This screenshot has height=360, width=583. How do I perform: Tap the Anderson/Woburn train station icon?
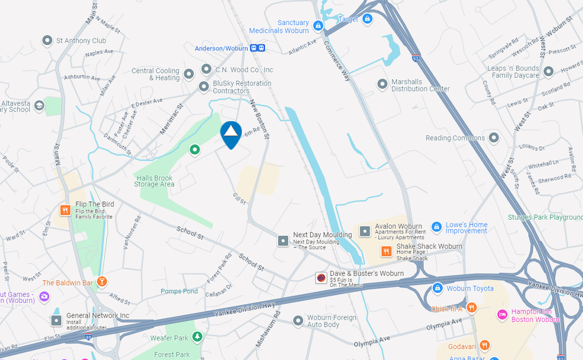[x=257, y=48]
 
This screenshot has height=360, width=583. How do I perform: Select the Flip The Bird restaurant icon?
[x=65, y=210]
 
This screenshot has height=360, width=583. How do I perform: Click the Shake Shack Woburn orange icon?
[x=386, y=251]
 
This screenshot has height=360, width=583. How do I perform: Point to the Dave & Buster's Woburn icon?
[x=321, y=277]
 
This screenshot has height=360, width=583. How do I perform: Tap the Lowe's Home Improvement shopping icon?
[x=436, y=227]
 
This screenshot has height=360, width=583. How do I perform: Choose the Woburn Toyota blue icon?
[x=437, y=288]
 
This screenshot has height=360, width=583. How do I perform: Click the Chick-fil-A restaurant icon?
[x=471, y=307]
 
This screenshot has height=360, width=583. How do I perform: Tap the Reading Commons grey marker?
[x=493, y=138]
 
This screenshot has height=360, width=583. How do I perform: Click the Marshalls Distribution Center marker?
[x=383, y=84]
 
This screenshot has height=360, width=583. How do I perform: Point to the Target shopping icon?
[x=367, y=19]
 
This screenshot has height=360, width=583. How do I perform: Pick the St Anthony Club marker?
[x=48, y=40]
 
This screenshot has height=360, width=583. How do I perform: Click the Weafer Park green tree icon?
[x=197, y=337]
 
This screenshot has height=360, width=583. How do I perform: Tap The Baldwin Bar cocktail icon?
[x=102, y=282]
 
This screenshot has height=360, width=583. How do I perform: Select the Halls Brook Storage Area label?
[x=155, y=181]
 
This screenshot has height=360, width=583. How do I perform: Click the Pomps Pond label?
[x=179, y=291]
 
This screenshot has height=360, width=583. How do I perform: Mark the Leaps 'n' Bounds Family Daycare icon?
[x=549, y=71]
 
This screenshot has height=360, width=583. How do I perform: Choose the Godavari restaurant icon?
[x=484, y=345]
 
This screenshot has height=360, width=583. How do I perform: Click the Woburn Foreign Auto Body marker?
[x=298, y=321]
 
